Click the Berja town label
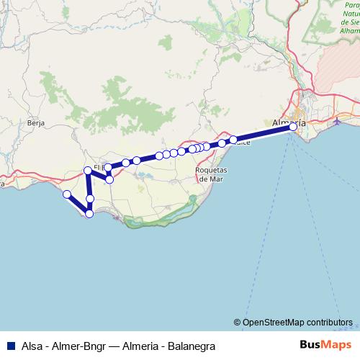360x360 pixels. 36,123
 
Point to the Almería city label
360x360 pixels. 289,122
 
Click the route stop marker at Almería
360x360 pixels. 293,127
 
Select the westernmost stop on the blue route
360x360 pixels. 66,194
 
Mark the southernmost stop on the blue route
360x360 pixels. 89,213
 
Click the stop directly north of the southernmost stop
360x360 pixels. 90,198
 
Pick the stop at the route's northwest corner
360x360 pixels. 88,170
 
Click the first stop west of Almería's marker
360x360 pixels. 233,139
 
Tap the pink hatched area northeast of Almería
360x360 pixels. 338,79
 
